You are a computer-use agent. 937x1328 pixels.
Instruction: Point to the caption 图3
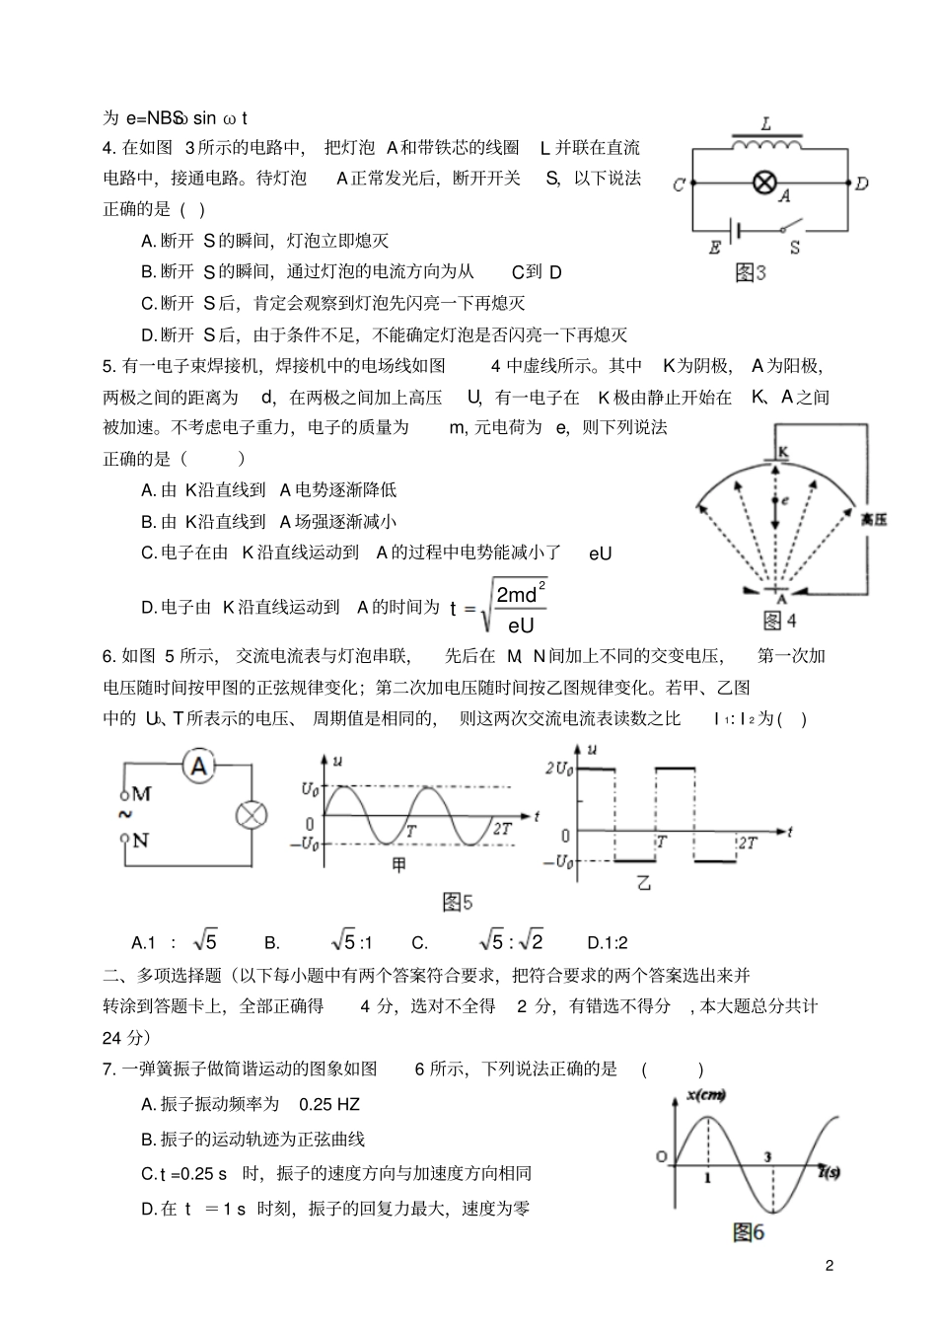(x=751, y=273)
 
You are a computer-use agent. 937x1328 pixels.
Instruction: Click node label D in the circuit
(x=861, y=184)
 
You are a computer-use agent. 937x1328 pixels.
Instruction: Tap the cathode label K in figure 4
(x=783, y=451)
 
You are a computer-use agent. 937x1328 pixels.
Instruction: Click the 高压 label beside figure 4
(x=873, y=519)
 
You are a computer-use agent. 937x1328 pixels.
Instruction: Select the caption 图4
(x=780, y=621)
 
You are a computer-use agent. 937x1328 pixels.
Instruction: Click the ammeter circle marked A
(x=199, y=765)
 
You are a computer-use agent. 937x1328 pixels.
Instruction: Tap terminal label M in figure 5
(x=140, y=793)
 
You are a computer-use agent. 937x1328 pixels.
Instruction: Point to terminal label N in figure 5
(x=140, y=840)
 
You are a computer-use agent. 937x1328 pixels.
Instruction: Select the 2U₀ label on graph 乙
(x=558, y=771)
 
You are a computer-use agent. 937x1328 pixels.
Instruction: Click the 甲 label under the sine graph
(x=398, y=865)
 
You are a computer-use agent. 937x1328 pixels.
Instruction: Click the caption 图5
(x=458, y=902)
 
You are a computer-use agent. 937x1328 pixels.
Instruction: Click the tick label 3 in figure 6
(x=767, y=1157)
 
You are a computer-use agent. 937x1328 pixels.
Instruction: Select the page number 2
(x=829, y=1266)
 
